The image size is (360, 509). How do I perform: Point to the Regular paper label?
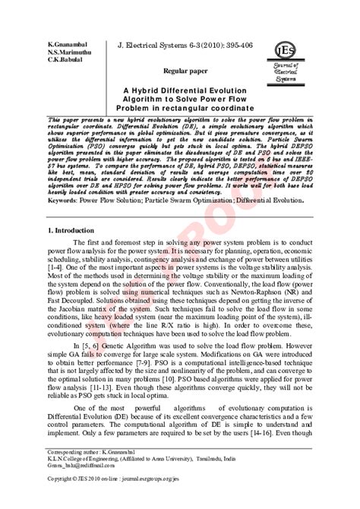pos(186,69)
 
